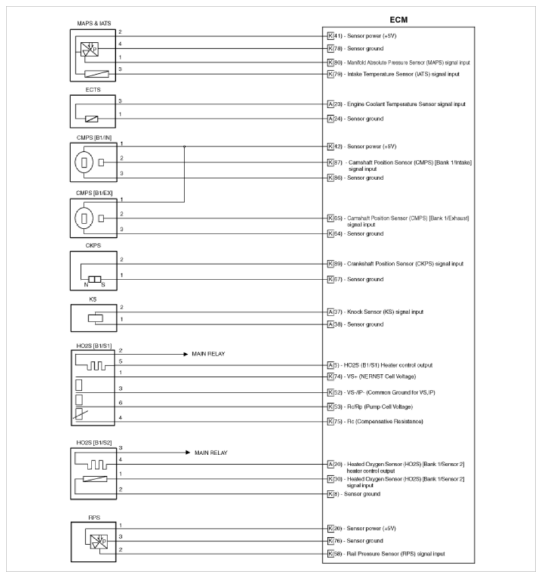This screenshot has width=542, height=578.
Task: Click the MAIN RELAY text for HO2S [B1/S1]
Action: click(x=209, y=354)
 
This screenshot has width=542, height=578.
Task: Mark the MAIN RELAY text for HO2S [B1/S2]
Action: click(x=212, y=453)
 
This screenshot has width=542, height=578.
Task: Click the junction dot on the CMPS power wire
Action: click(x=184, y=146)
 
